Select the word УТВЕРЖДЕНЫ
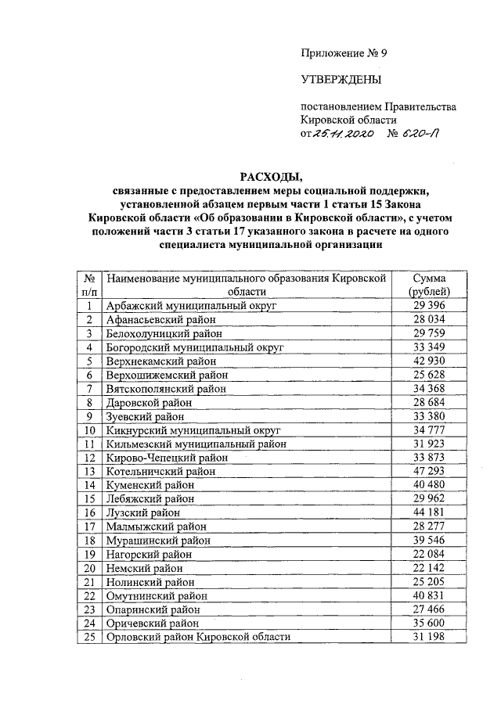(x=341, y=80)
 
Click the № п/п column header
(x=89, y=285)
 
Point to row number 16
(x=89, y=512)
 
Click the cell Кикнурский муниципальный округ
(x=193, y=429)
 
